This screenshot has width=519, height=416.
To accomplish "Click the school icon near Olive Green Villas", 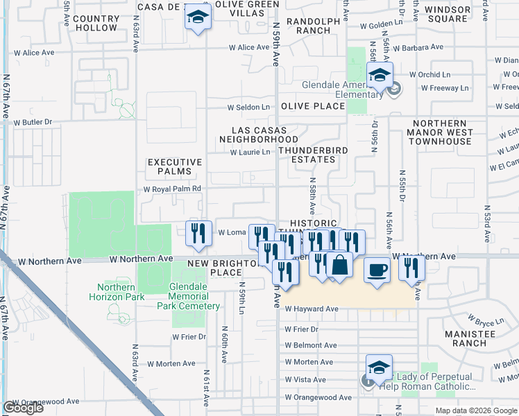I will coord(198,17).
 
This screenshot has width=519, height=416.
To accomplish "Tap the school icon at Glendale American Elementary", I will coord(380,76).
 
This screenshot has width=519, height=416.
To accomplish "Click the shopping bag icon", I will coord(340,266).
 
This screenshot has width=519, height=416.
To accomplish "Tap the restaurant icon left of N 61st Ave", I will coord(198,234).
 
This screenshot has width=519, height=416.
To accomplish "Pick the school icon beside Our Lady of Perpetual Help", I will coord(380,368).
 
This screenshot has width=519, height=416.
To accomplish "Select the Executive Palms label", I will coord(175,167).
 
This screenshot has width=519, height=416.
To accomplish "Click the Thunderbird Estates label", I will coord(307,154).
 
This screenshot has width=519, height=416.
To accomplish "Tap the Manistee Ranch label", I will coord(470,338).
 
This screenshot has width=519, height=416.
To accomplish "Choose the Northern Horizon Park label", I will coord(116,292).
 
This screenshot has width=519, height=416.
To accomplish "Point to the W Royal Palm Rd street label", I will coord(172,188).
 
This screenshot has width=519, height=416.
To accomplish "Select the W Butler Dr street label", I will coord(33,122).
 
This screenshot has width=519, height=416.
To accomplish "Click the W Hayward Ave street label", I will coord(312,309).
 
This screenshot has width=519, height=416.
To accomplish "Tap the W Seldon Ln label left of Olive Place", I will coord(249,107).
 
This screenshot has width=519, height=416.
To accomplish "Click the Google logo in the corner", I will coord(23,408).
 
